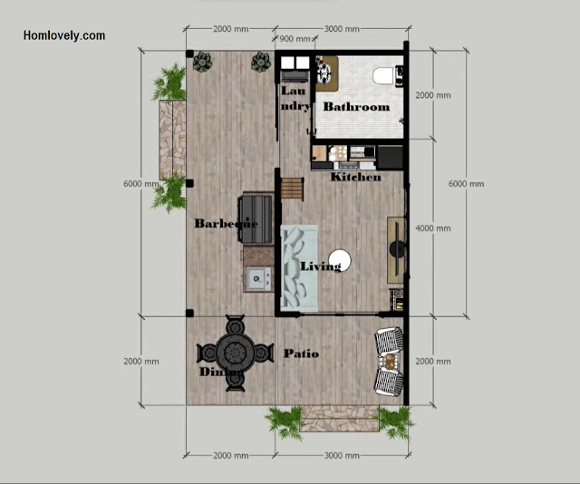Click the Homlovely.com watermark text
[x=64, y=35]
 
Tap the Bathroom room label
[x=356, y=107]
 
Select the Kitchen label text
[x=355, y=177]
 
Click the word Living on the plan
[x=321, y=266]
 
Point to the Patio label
[x=301, y=353]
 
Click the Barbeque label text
[x=226, y=224]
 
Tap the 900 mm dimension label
[x=295, y=39]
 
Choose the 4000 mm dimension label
[x=433, y=228]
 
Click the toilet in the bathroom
[x=383, y=75]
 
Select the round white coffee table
[x=340, y=260]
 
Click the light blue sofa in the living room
[x=299, y=268]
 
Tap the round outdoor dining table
[x=236, y=353]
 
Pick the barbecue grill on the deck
[x=256, y=219]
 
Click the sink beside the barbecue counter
[x=259, y=278]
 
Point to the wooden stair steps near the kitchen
[x=293, y=189]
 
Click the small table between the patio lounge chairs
[x=390, y=361]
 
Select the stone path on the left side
[x=172, y=140]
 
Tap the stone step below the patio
[x=339, y=419]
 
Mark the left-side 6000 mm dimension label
[x=141, y=183]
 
